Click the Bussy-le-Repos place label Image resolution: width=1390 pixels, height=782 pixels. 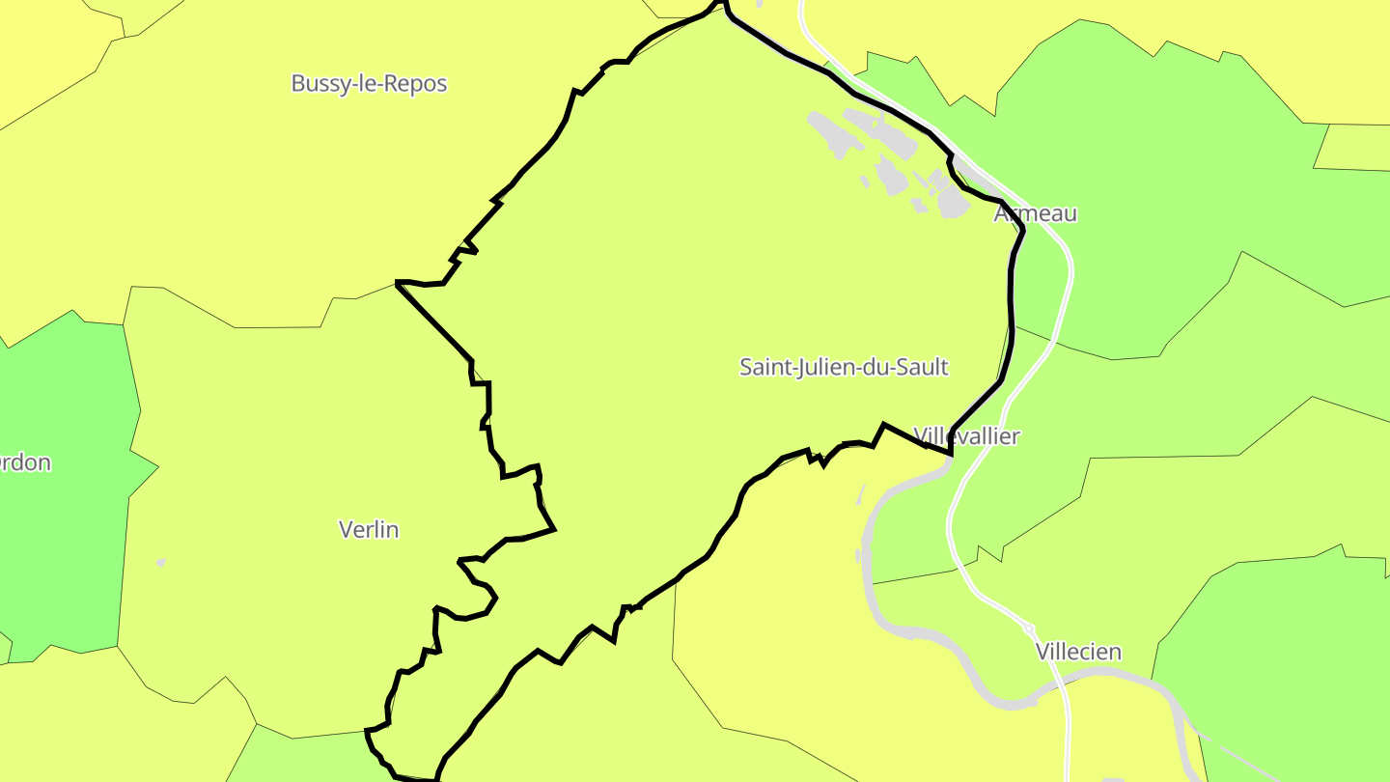click(x=369, y=84)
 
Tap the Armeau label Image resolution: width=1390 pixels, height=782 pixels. click(x=1036, y=214)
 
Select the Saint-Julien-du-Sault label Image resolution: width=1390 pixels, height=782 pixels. click(x=844, y=368)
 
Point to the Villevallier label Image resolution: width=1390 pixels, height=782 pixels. click(x=966, y=436)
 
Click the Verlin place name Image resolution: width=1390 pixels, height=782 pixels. click(x=369, y=530)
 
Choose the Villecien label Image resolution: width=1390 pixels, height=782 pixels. click(x=1078, y=653)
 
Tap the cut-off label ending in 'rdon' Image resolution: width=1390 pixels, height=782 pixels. click(x=25, y=463)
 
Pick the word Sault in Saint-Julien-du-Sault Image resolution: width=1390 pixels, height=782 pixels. click(x=921, y=368)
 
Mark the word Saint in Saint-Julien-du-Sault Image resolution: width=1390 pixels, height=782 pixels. click(x=764, y=368)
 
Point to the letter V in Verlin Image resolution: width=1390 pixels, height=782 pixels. click(x=346, y=530)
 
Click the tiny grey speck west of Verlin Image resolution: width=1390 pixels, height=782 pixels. click(x=160, y=562)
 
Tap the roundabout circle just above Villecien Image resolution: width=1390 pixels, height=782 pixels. click(x=1028, y=628)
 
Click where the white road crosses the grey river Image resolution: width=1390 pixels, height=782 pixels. click(x=1060, y=682)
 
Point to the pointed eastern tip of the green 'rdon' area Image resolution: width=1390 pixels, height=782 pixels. click(x=157, y=469)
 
